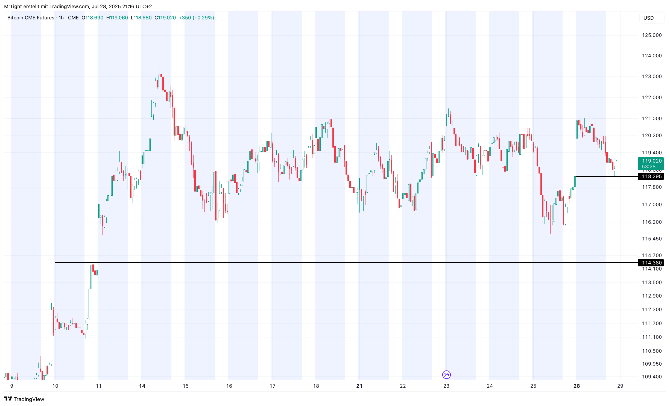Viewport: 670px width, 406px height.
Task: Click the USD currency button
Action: click(x=651, y=18)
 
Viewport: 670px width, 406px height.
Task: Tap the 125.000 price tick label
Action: click(x=652, y=35)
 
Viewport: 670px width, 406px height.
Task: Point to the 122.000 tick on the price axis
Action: click(x=652, y=98)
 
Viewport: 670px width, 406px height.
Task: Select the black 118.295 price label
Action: click(x=651, y=176)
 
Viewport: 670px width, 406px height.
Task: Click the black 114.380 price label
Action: click(x=651, y=263)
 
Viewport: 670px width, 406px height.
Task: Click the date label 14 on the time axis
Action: click(x=142, y=386)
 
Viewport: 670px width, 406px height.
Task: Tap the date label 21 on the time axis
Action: click(x=359, y=386)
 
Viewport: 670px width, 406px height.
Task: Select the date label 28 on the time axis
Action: click(x=577, y=386)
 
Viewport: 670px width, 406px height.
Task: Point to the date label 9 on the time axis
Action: click(x=12, y=386)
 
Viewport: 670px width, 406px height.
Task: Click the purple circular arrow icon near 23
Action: click(x=446, y=375)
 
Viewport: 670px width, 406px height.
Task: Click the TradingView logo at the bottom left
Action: click(x=24, y=399)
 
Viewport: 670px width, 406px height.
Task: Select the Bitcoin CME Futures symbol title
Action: click(x=31, y=18)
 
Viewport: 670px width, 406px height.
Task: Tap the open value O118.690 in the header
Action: click(x=92, y=18)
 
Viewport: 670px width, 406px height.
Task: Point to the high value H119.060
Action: click(x=117, y=18)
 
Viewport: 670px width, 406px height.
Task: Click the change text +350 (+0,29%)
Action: click(x=196, y=18)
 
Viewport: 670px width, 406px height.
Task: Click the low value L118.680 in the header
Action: click(x=141, y=18)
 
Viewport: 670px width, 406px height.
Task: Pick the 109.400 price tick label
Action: click(x=652, y=377)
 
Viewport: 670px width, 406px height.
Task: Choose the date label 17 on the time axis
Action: click(x=273, y=386)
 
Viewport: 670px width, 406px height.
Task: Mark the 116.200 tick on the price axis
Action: click(x=652, y=222)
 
